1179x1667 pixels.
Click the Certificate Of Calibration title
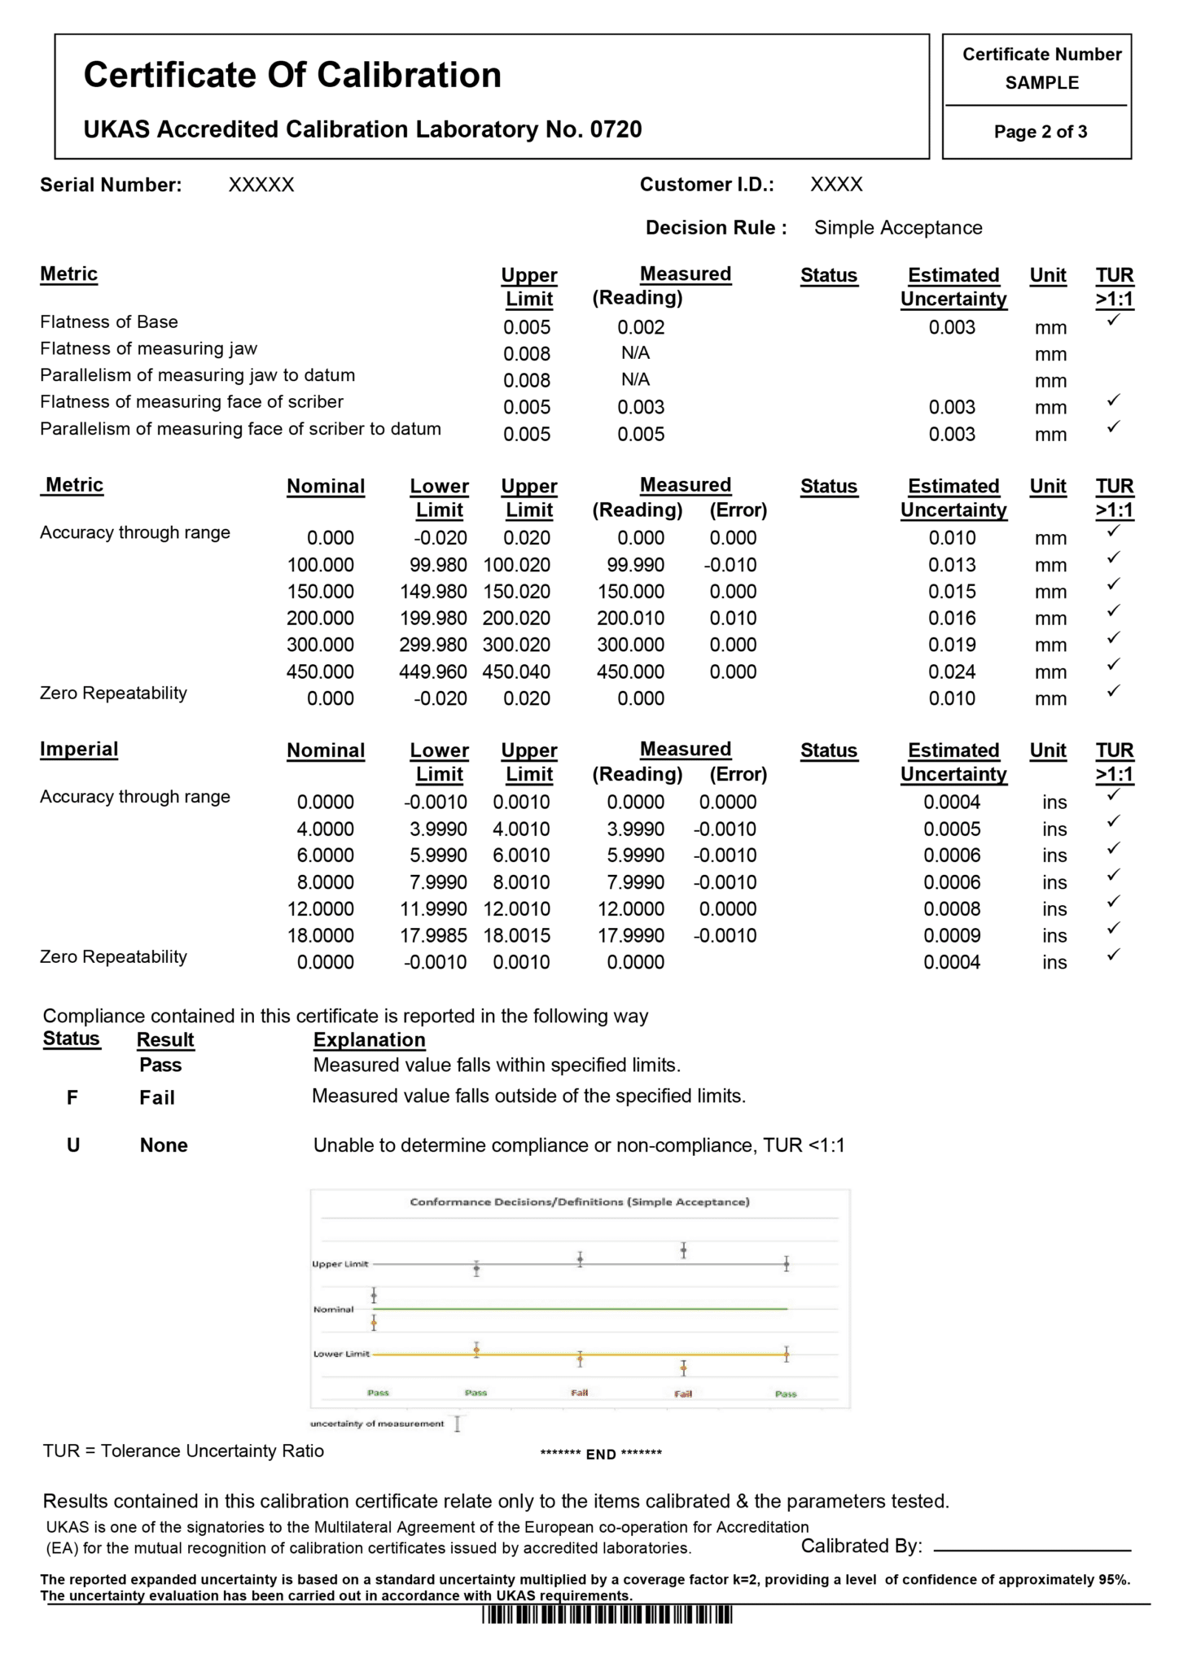(x=292, y=75)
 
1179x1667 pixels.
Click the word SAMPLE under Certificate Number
(x=1041, y=83)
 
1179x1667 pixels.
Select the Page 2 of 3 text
(x=1040, y=132)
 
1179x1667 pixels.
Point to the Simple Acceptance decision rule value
(x=897, y=228)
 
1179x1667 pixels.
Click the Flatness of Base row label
(x=109, y=322)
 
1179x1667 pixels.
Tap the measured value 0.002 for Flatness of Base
(x=641, y=327)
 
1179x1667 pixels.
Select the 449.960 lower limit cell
(x=433, y=672)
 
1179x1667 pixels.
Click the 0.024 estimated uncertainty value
(x=952, y=672)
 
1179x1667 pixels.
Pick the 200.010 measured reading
(x=630, y=619)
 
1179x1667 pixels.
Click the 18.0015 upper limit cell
(x=516, y=936)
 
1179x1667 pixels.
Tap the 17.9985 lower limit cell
(x=433, y=936)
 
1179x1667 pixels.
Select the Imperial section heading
(x=79, y=750)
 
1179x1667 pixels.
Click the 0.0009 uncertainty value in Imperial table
(x=952, y=936)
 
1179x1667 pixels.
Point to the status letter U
(x=73, y=1145)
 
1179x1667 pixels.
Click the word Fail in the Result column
(x=157, y=1098)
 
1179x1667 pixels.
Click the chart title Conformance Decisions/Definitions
(x=579, y=1201)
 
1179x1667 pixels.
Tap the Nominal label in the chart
(x=333, y=1309)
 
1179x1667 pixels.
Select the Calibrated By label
(x=861, y=1546)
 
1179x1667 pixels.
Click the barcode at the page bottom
(x=607, y=1615)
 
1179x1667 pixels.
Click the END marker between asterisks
(x=601, y=1455)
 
